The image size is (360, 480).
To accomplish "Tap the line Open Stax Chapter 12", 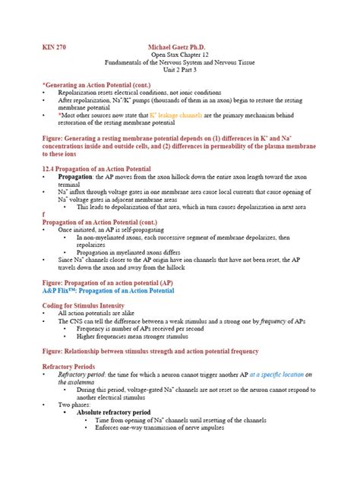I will [x=179, y=56].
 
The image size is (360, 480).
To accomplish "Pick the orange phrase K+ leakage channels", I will [x=178, y=114].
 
